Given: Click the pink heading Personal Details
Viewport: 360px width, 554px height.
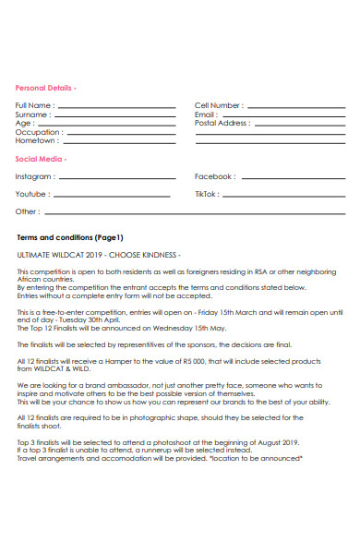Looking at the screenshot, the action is [x=45, y=88].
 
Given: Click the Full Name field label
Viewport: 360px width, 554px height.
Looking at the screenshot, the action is [x=34, y=106].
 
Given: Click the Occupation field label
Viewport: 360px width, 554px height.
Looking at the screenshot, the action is [x=38, y=132].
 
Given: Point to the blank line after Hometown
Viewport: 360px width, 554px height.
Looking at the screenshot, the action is [x=119, y=141].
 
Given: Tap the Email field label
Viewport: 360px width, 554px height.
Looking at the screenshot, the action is [x=206, y=114].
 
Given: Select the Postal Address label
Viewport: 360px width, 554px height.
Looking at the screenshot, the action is [x=222, y=123].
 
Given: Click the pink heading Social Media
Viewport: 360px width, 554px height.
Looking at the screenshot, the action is [x=42, y=159].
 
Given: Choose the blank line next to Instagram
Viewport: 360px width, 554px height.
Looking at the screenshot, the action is [x=116, y=177].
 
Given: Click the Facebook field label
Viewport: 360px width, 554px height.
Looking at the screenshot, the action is [x=215, y=176].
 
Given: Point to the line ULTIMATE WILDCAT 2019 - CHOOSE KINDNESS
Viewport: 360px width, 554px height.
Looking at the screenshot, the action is [x=100, y=254].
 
